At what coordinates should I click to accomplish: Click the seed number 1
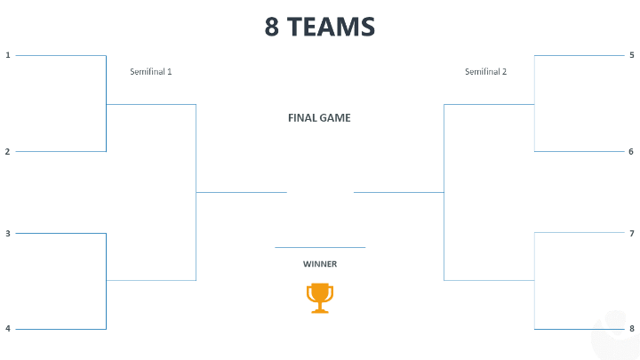[x=8, y=55]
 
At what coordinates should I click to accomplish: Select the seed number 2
[x=8, y=151]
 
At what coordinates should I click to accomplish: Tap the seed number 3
[x=8, y=233]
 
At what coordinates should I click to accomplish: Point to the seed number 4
[x=8, y=329]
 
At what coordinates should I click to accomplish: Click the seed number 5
[x=631, y=55]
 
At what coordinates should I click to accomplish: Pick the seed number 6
[x=631, y=151]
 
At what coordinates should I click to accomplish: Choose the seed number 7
[x=631, y=233]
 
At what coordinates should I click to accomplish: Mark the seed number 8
[x=631, y=329]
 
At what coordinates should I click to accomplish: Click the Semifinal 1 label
[x=151, y=71]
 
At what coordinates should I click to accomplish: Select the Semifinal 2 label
[x=485, y=71]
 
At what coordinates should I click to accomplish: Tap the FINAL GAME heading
[x=319, y=117]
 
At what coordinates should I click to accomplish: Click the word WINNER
[x=320, y=264]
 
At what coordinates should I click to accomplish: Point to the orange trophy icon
[x=319, y=298]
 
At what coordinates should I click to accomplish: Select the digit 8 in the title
[x=272, y=27]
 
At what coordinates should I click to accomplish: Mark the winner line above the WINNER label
[x=320, y=247]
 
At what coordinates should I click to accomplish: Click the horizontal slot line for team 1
[x=60, y=55]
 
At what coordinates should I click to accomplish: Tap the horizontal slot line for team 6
[x=578, y=151]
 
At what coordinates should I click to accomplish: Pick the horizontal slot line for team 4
[x=60, y=329]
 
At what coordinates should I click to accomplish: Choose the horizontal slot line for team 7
[x=578, y=233]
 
